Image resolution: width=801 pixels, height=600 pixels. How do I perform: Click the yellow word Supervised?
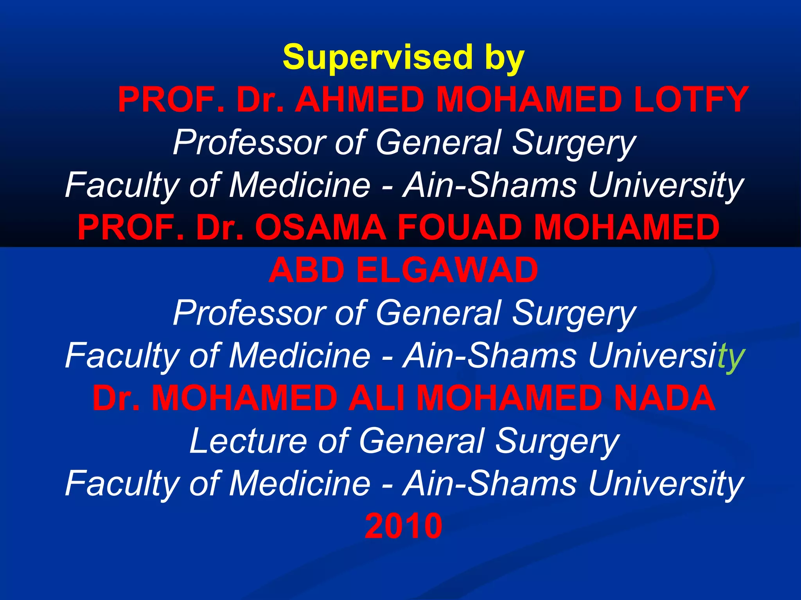click(377, 57)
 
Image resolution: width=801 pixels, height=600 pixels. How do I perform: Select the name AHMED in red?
click(359, 100)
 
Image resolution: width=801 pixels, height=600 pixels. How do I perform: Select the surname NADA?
click(665, 398)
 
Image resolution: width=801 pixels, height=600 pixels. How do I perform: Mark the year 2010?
click(403, 526)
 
